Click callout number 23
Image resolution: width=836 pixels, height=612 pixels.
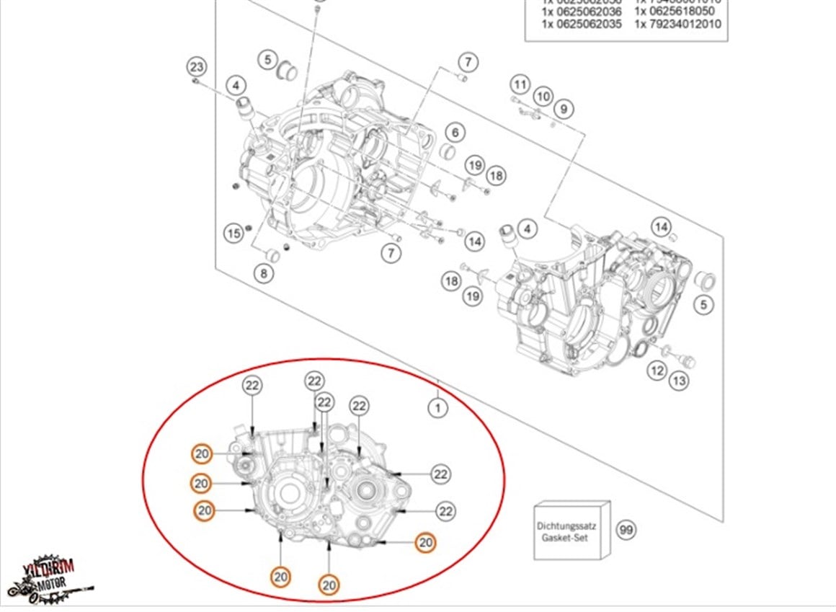click(x=197, y=68)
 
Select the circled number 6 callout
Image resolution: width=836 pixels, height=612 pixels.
click(x=455, y=133)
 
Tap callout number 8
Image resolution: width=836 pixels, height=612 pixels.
click(x=264, y=273)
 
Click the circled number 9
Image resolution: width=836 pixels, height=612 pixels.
click(x=564, y=110)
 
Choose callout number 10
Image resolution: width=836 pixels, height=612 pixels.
click(x=543, y=97)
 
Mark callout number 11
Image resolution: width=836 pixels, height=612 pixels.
click(x=520, y=84)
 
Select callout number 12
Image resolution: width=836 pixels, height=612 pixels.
click(x=657, y=371)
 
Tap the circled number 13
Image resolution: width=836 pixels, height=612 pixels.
click(x=679, y=381)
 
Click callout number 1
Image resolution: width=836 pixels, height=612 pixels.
click(x=437, y=408)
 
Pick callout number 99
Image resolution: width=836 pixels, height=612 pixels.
click(x=626, y=531)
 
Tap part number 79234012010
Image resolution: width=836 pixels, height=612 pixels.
click(x=677, y=24)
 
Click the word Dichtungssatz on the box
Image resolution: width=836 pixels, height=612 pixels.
click(x=572, y=527)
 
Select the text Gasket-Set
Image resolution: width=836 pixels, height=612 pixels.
click(x=572, y=538)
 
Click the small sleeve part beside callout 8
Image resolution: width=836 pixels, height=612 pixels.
click(x=272, y=254)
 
